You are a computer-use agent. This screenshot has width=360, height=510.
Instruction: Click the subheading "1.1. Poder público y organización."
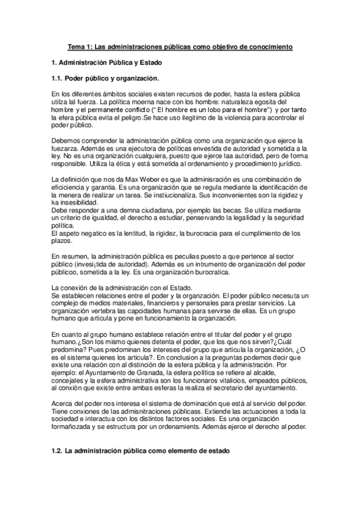pyautogui.click(x=104, y=78)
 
